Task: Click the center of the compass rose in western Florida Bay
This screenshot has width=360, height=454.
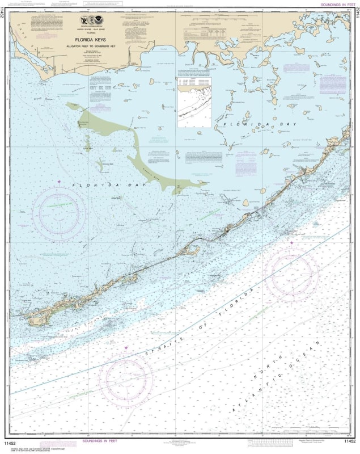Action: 59,213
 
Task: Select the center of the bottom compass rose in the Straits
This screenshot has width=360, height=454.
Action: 126,379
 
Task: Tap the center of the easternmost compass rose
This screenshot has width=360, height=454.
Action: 291,275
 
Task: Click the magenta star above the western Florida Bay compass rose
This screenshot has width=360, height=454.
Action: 59,181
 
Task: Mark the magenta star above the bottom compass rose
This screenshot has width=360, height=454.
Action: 126,347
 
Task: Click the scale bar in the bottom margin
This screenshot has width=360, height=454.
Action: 267,443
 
